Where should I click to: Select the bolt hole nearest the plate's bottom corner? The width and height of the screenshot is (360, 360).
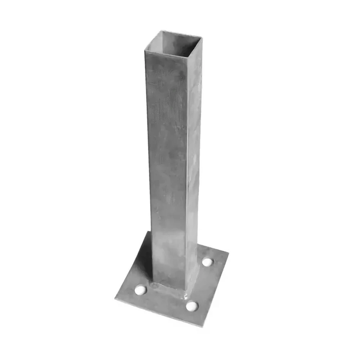point(192,306)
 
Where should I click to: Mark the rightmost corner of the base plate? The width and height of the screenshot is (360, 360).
point(228,252)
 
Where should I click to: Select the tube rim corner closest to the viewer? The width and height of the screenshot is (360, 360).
point(186,57)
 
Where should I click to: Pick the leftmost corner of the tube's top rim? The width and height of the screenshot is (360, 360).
point(145,50)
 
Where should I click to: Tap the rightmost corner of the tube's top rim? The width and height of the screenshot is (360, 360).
point(202,37)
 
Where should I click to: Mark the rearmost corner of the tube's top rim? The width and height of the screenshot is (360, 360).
point(161,31)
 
